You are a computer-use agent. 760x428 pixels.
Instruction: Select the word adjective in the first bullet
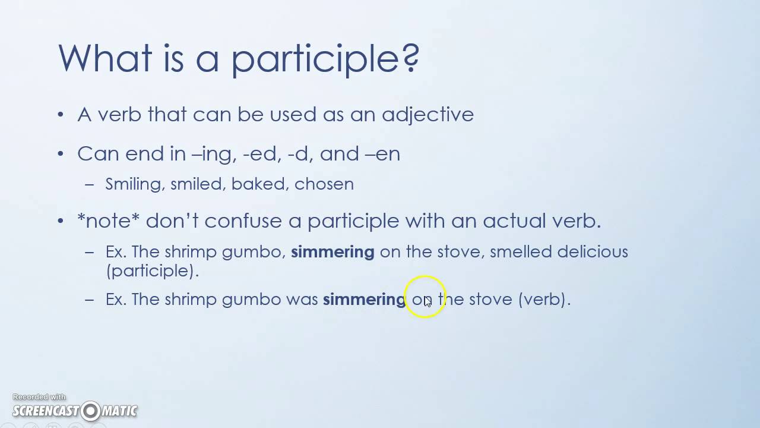pyautogui.click(x=427, y=114)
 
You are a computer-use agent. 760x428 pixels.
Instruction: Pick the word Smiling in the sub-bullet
pyautogui.click(x=133, y=184)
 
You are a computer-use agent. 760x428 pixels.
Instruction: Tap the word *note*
pyautogui.click(x=109, y=221)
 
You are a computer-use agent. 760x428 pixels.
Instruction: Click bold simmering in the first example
pyautogui.click(x=332, y=252)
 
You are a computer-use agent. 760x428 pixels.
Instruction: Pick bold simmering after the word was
pyautogui.click(x=364, y=300)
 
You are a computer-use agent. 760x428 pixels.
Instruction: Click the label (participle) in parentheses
pyautogui.click(x=152, y=270)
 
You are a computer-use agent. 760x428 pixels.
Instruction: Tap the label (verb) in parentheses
pyautogui.click(x=544, y=299)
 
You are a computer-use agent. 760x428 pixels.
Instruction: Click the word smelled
pyautogui.click(x=521, y=251)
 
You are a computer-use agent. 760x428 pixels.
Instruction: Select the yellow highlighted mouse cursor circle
pyautogui.click(x=425, y=297)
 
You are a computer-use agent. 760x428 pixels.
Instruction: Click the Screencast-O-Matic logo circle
pyautogui.click(x=90, y=411)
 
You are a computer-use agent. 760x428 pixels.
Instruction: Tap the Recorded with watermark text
pyautogui.click(x=39, y=397)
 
